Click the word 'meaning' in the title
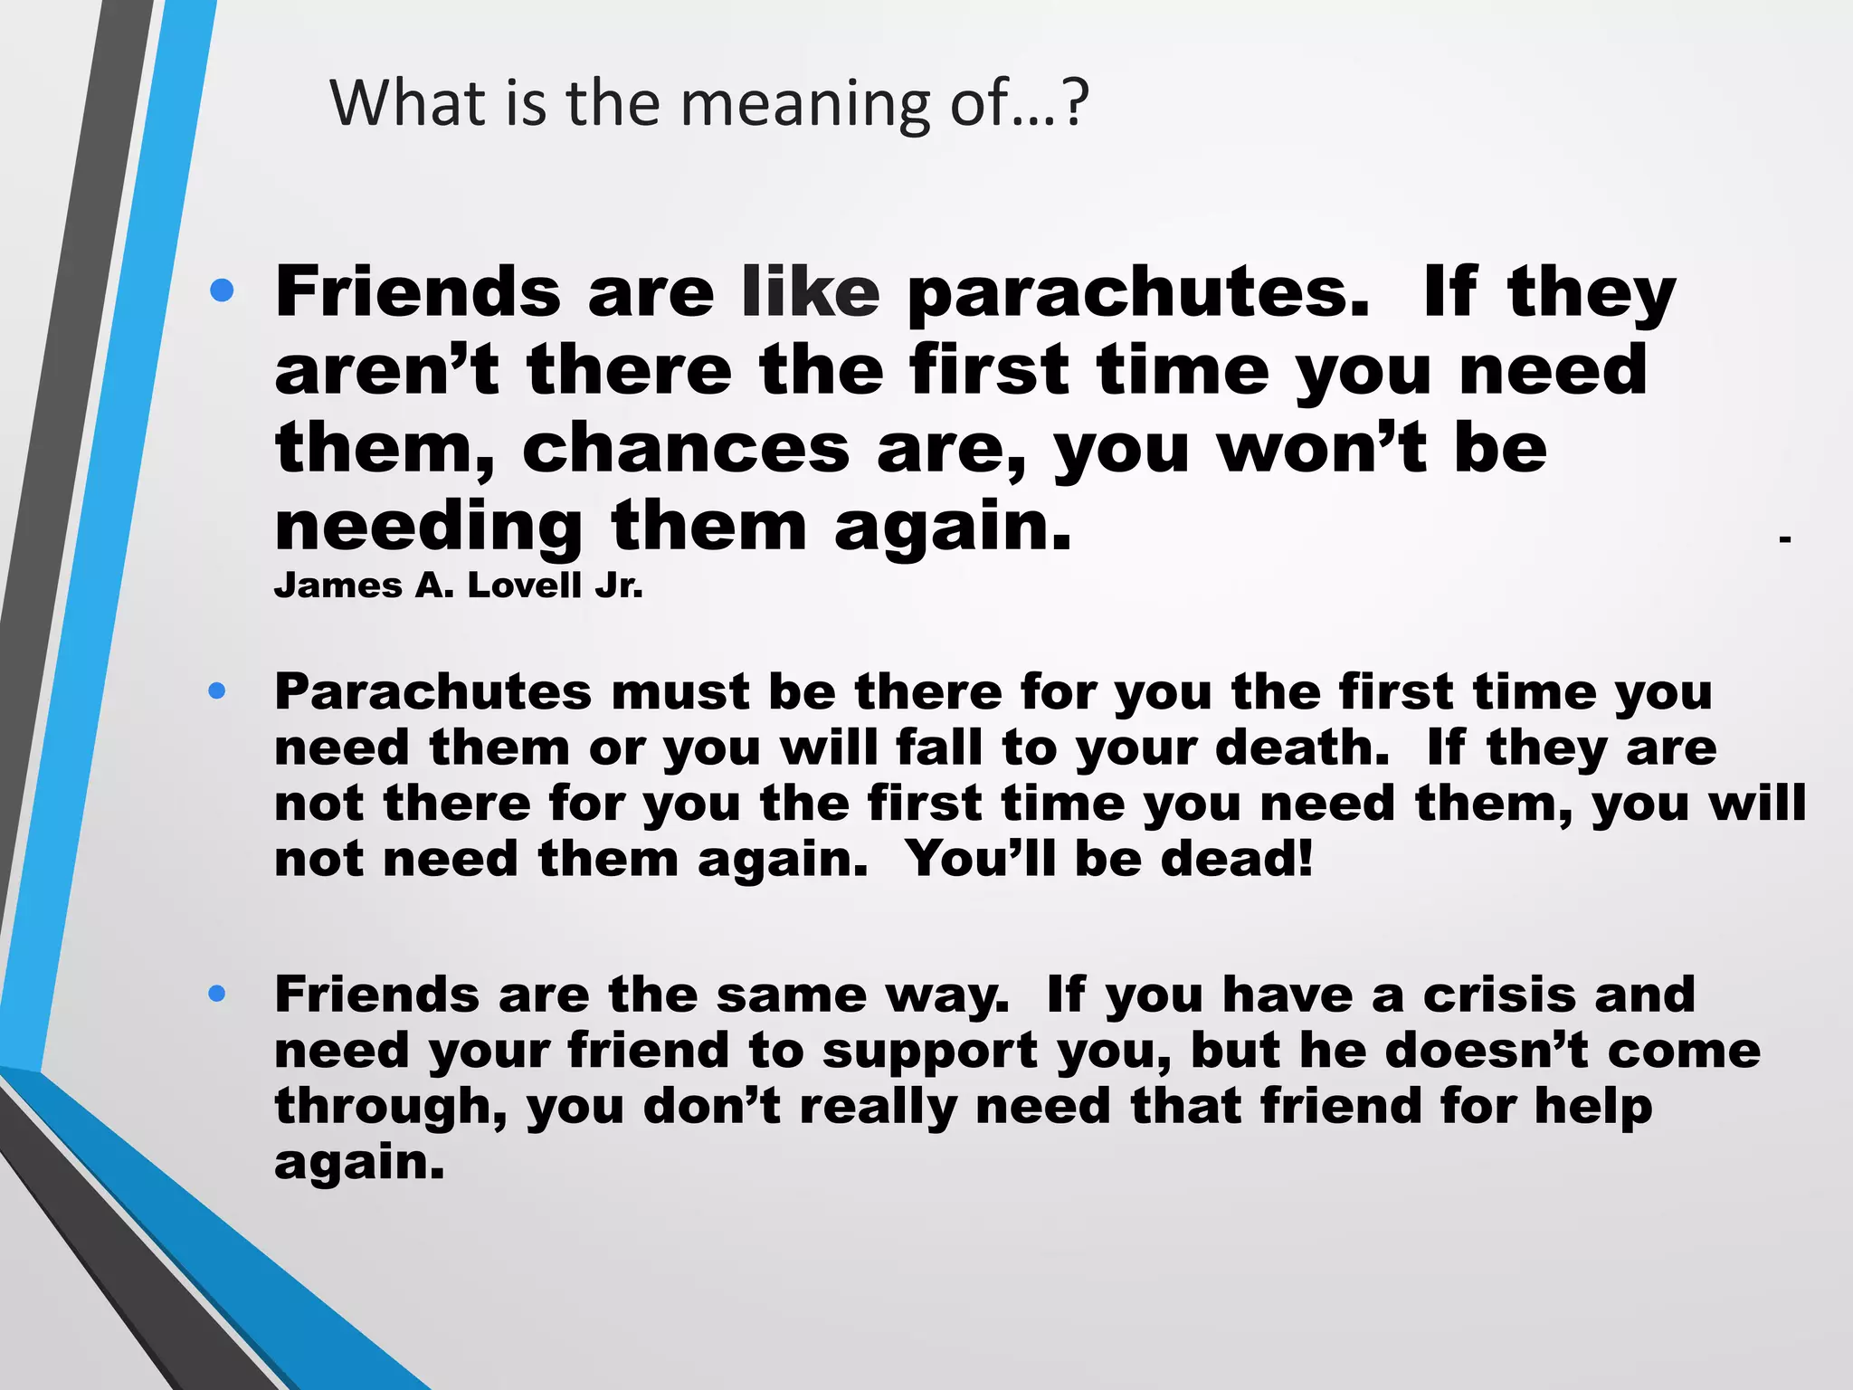(x=804, y=104)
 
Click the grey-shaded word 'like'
(x=810, y=292)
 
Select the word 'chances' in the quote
(x=686, y=449)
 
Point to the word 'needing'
(x=429, y=528)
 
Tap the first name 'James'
(x=337, y=586)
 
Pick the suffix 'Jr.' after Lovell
(x=619, y=586)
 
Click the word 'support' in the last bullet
(x=930, y=1052)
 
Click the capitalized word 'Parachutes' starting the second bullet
(x=432, y=692)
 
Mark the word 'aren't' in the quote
(x=387, y=371)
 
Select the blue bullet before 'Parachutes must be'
(x=216, y=691)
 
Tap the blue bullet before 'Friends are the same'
(x=216, y=994)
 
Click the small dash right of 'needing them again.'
(x=1784, y=539)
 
